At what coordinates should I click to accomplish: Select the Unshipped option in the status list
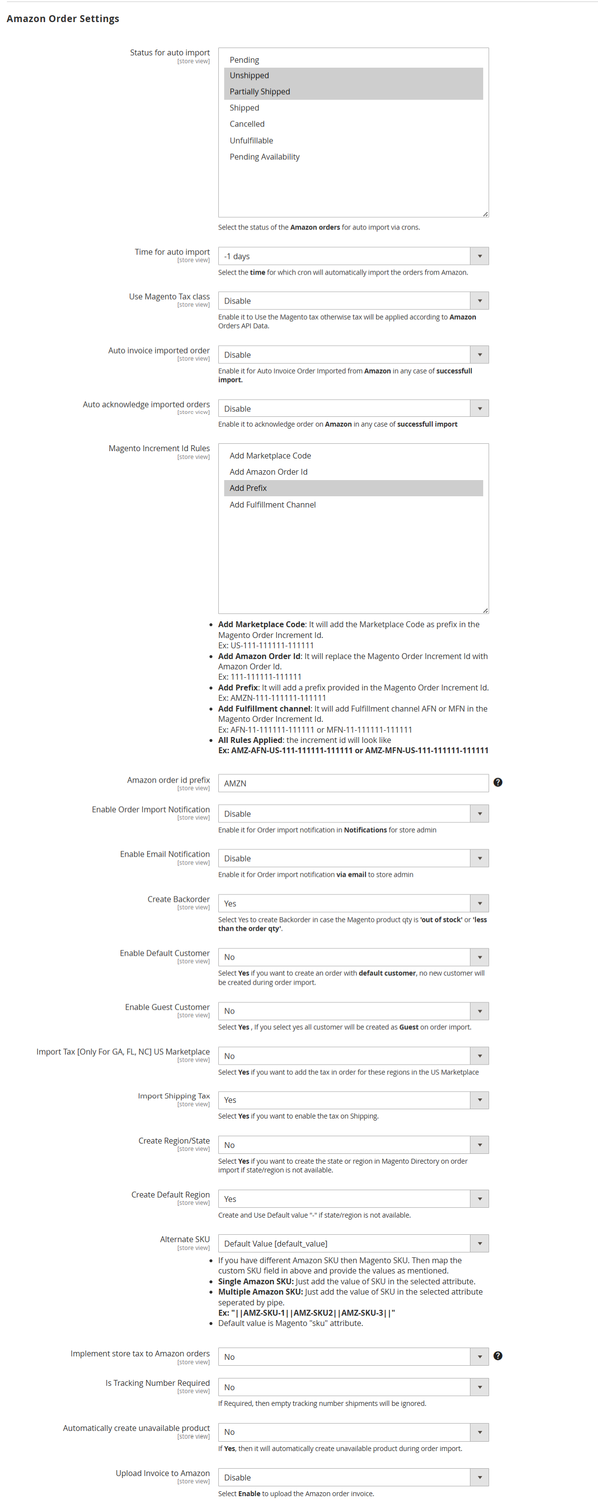[x=249, y=76]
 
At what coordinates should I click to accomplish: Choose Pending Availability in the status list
[x=264, y=156]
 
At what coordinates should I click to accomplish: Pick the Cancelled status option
[x=247, y=124]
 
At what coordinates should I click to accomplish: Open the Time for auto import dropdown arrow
[x=479, y=256]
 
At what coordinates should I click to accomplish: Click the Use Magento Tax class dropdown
[x=353, y=301]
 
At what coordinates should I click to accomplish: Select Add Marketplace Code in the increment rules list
[x=270, y=456]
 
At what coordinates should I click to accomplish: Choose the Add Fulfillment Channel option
[x=272, y=505]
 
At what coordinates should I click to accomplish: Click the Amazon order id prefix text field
[x=353, y=783]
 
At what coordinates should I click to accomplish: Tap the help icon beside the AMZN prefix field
[x=497, y=782]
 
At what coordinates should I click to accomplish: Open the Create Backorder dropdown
[x=353, y=903]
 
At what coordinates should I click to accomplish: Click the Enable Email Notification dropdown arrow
[x=479, y=858]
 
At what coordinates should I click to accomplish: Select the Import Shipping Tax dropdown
[x=353, y=1100]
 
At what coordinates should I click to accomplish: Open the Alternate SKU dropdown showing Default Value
[x=353, y=1244]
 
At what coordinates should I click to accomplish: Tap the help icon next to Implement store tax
[x=497, y=1356]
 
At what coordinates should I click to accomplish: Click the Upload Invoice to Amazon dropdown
[x=353, y=1477]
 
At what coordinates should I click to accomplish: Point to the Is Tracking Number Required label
[x=157, y=1382]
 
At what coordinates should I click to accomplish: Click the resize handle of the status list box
[x=485, y=214]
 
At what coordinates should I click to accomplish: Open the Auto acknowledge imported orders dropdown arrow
[x=479, y=408]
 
